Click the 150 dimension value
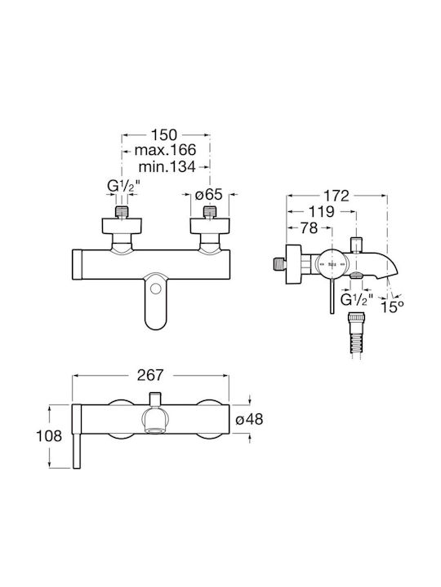[163, 134]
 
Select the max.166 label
[165, 150]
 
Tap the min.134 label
[167, 166]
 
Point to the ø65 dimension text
[209, 194]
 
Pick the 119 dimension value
[322, 211]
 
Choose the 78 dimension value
[309, 227]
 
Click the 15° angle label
[392, 307]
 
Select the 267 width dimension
[150, 375]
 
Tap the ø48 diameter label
[249, 419]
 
